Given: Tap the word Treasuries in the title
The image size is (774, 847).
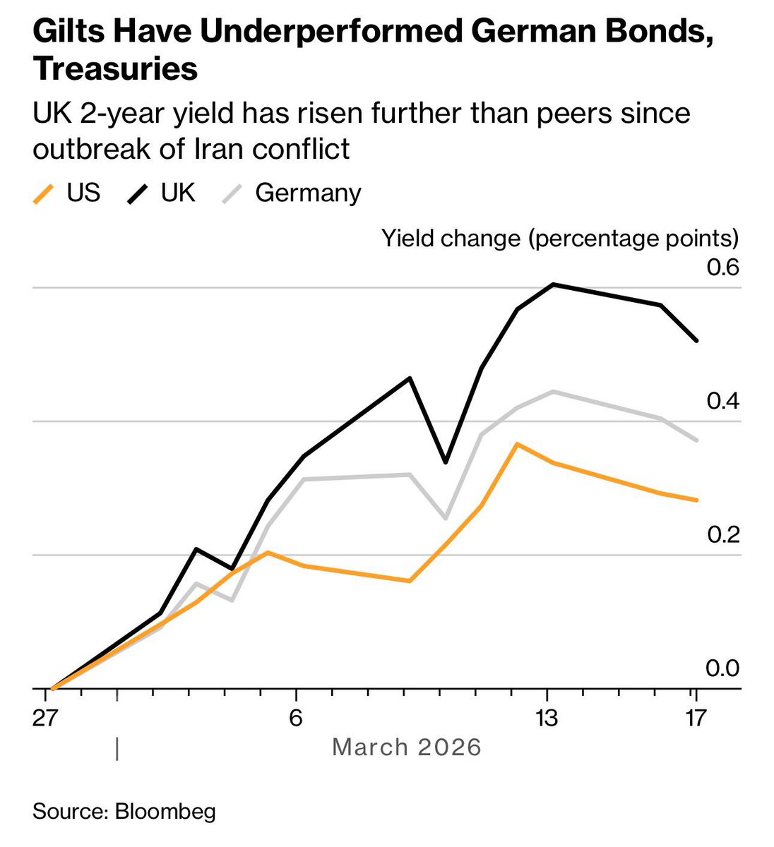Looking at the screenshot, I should tap(115, 69).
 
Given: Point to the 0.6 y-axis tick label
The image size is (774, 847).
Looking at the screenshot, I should tap(722, 268).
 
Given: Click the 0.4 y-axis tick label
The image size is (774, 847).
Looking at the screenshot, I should tap(722, 402).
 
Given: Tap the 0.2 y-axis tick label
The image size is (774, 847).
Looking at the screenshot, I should tap(722, 535).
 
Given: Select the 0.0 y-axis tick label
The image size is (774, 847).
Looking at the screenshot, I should tap(722, 668).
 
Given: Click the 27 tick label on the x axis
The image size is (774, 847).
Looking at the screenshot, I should tap(53, 719).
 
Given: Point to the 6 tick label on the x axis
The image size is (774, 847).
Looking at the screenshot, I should tap(297, 719).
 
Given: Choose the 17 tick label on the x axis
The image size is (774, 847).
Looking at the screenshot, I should tap(696, 719).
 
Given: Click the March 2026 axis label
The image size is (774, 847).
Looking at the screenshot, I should tap(406, 747).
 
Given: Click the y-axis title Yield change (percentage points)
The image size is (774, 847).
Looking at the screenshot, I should tap(559, 238).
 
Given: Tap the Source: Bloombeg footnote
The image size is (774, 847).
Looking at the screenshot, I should tap(124, 811).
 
